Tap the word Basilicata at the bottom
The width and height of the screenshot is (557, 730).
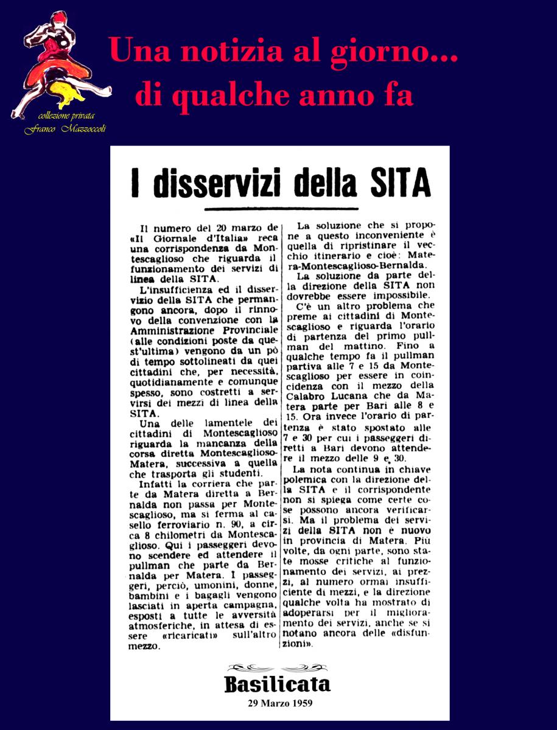pyautogui.click(x=278, y=684)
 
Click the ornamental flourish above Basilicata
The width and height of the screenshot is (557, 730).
pyautogui.click(x=278, y=667)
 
